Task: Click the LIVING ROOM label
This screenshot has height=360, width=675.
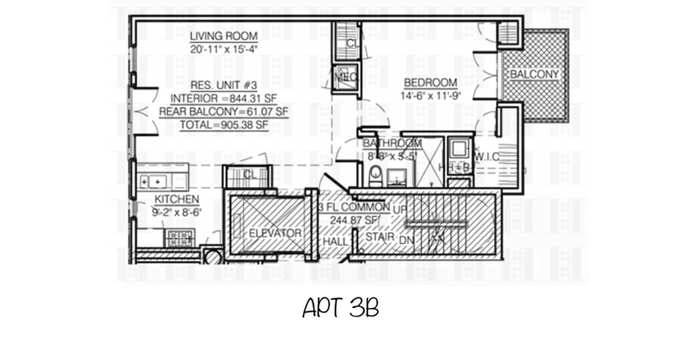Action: coord(224,36)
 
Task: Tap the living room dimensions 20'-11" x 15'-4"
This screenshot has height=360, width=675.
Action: coord(224,49)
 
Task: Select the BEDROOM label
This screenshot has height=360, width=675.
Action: coord(430,83)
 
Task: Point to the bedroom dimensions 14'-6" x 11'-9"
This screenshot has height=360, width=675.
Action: coord(430,96)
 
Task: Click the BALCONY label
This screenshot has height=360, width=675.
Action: coord(534,74)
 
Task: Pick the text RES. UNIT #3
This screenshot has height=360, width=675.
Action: coord(224,85)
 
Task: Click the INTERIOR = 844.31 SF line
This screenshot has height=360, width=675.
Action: coord(224,98)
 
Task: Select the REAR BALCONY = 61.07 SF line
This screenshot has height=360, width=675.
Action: coord(224,111)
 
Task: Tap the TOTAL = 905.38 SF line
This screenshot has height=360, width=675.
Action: coord(224,125)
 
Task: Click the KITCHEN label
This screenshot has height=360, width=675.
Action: coord(177,199)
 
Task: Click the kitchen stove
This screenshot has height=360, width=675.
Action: coord(180,238)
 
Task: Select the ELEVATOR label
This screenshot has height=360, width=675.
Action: coord(274,233)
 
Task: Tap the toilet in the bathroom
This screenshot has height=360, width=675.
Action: coord(375,177)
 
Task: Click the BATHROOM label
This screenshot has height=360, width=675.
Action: coord(392,144)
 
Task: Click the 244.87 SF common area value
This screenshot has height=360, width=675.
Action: coord(353,220)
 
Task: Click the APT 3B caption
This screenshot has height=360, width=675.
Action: coord(340,308)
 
